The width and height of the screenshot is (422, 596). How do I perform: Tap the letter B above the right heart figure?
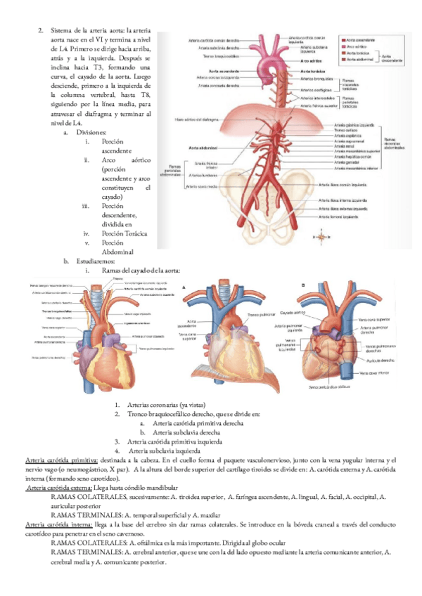303,285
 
